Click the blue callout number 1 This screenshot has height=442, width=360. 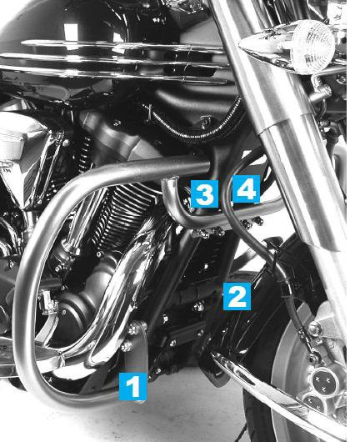(132, 386)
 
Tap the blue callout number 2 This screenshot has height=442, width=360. (237, 297)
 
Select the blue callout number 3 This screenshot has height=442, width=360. (204, 194)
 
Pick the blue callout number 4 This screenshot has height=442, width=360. (246, 188)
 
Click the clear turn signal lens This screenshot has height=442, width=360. (312, 48)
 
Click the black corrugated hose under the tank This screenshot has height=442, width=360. (194, 124)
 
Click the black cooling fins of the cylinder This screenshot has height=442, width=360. (124, 217)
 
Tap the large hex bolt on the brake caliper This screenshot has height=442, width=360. (315, 328)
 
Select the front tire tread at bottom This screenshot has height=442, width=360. (257, 417)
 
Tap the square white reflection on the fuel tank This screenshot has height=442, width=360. (71, 33)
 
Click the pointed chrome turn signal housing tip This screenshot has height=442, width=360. (243, 45)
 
